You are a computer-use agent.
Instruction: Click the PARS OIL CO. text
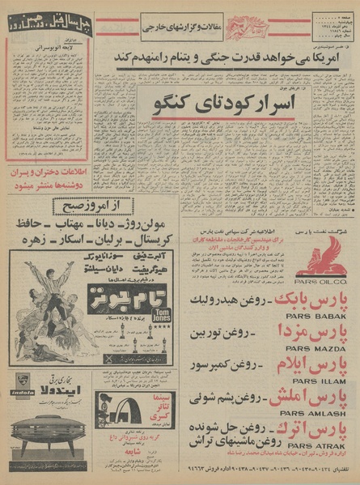[321, 283]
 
